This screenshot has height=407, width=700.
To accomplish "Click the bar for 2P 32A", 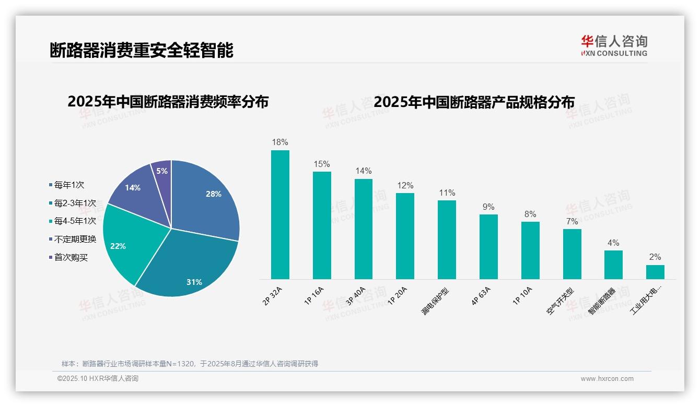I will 280,214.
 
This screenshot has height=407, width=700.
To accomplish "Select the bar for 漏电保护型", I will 447,240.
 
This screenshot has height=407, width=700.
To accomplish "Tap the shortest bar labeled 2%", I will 655,272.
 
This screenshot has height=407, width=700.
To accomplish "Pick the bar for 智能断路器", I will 613,265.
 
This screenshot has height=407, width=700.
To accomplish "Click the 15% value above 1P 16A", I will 322,164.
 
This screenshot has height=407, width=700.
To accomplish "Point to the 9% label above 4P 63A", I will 488,207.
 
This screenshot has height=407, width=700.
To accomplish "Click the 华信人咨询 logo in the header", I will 614,45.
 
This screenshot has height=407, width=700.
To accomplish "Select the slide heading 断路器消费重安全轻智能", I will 141,50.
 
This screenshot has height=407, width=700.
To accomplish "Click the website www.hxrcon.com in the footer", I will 607,379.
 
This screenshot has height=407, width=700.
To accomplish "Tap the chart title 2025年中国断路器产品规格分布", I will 474,102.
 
